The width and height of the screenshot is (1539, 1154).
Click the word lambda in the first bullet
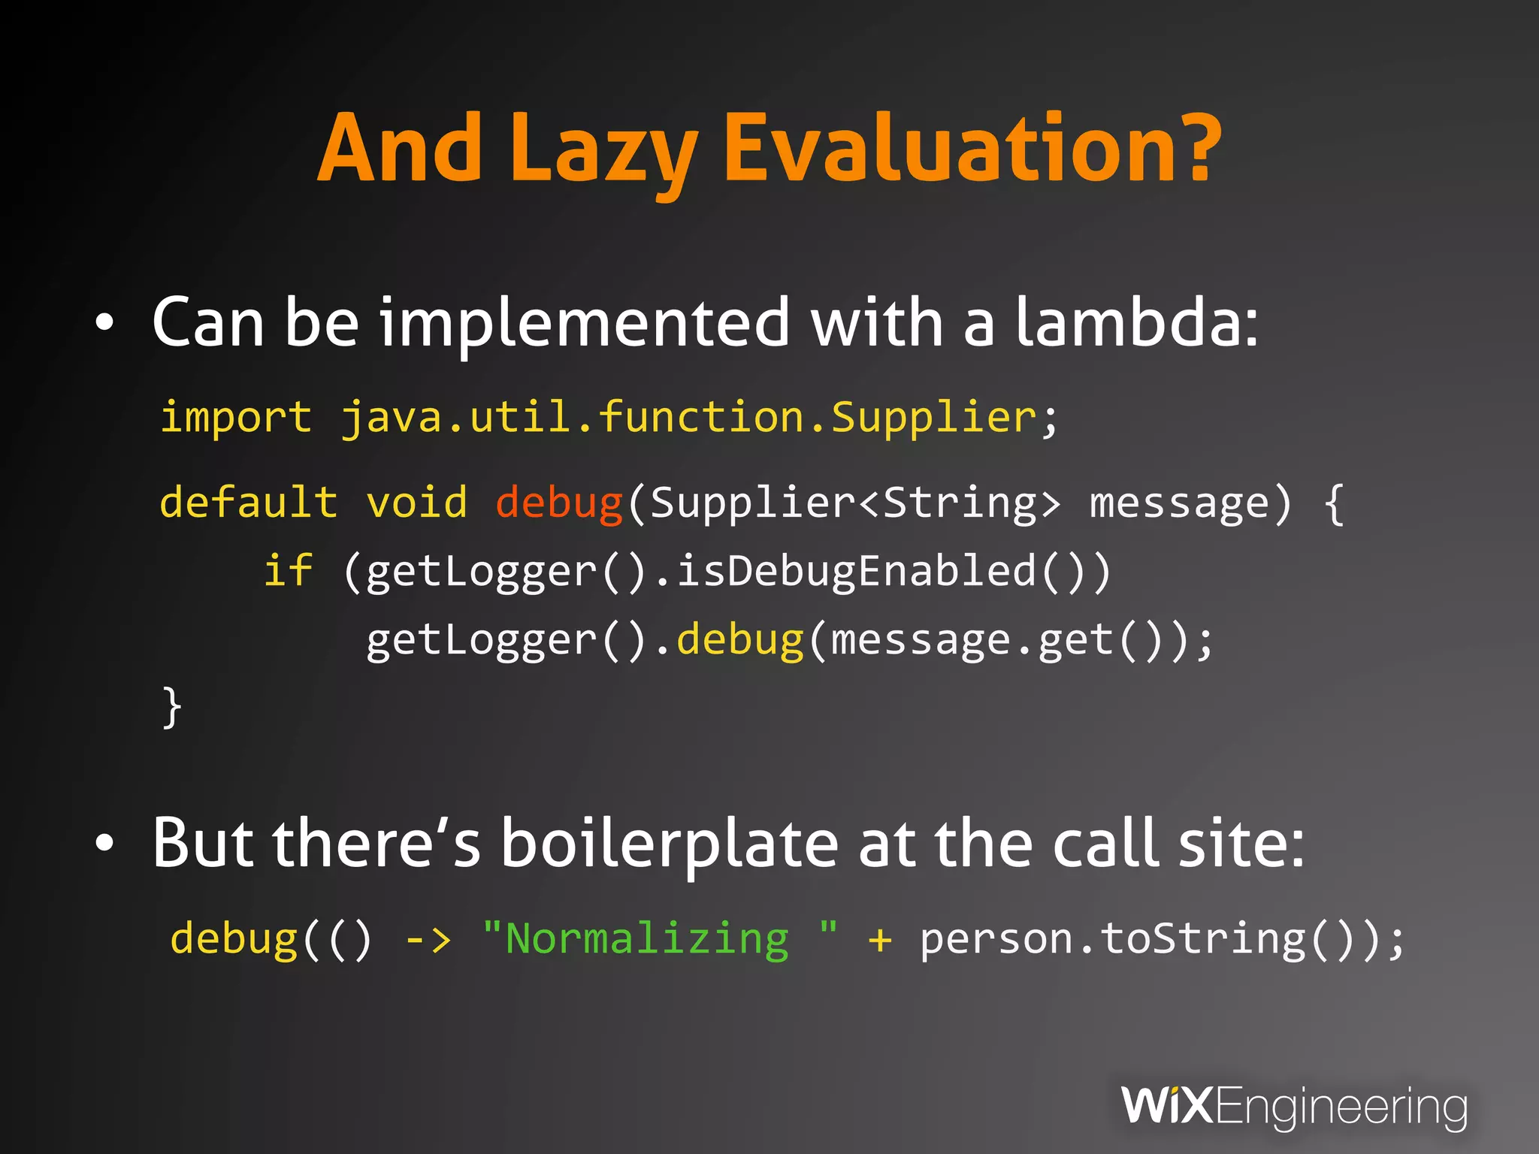tap(1135, 322)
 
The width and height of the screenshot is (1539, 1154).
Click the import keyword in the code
tap(235, 418)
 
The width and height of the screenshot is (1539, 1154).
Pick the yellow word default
tap(249, 502)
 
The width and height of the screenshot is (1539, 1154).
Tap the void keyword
tap(416, 502)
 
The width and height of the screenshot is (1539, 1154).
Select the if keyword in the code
tap(288, 571)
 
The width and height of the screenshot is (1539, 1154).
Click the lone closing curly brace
tap(172, 707)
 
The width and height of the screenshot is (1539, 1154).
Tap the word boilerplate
tap(670, 844)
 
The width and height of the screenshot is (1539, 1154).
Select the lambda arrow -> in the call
tap(428, 940)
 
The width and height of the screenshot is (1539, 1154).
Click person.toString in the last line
tap(1113, 940)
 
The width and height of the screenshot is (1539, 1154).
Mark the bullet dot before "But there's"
tap(104, 844)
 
